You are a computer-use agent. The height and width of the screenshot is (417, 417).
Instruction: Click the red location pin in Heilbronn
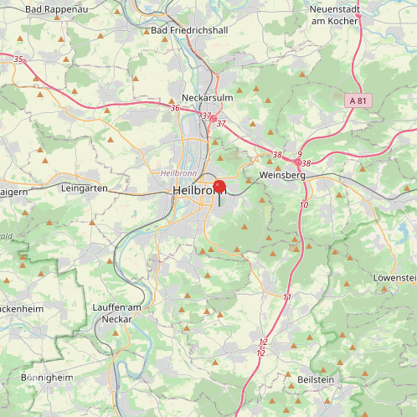[x=219, y=188]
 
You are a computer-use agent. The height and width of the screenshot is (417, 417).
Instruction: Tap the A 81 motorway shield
[x=358, y=100]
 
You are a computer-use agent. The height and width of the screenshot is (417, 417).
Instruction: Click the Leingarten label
[x=85, y=189]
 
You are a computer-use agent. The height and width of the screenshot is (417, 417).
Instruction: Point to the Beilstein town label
[x=316, y=379]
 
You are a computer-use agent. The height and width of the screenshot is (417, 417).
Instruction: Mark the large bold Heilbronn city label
[x=198, y=191]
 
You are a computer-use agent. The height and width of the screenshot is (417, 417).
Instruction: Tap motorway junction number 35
[x=18, y=59]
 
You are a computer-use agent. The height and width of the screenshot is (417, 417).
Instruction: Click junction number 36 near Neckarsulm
[x=175, y=108]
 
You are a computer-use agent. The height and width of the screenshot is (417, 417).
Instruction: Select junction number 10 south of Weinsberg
[x=303, y=205]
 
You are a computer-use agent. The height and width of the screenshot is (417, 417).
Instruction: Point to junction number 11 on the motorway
[x=287, y=297]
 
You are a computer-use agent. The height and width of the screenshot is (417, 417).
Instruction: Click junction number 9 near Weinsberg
[x=299, y=154]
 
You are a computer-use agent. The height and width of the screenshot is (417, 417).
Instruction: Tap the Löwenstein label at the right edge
[x=394, y=277]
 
